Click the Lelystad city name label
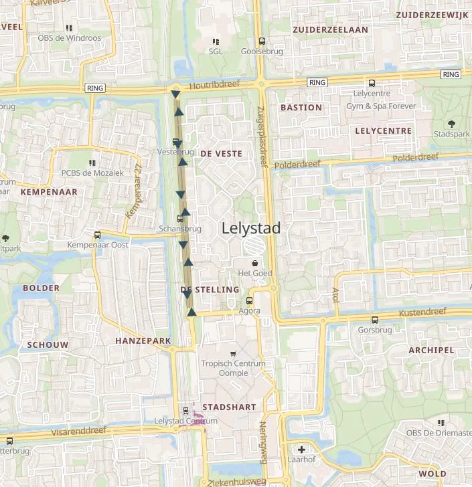coord(251,228)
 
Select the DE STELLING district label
coord(210,290)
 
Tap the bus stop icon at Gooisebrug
coord(262,41)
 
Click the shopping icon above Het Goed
coord(254,264)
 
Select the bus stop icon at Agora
coord(250,301)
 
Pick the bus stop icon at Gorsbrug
coord(374,320)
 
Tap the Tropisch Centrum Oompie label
coord(233,368)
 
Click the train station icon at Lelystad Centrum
coord(186,411)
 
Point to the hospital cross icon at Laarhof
coord(301,450)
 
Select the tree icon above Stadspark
coord(451,124)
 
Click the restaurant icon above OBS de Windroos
coord(69,28)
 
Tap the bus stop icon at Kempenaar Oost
coord(98,235)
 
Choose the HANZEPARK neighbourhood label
coord(143,340)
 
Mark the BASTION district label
coord(301,107)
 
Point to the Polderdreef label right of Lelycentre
coord(415,158)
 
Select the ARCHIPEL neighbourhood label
coord(431,350)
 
